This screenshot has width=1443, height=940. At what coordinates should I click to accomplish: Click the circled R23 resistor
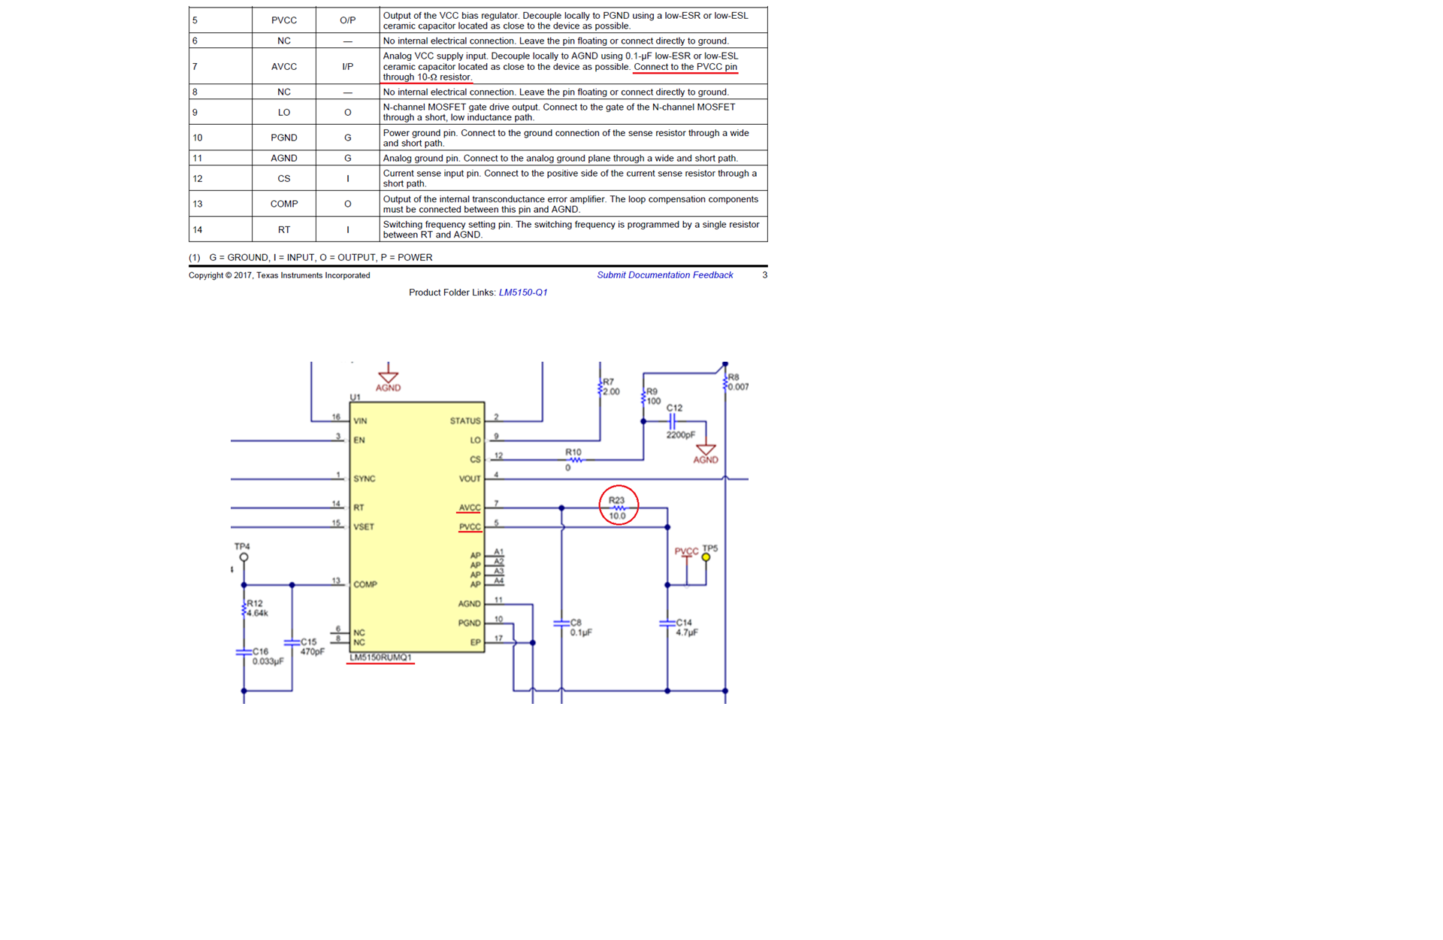618,508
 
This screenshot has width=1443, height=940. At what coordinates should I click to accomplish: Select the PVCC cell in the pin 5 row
283,20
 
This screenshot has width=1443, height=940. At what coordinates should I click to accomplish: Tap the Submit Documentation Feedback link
664,275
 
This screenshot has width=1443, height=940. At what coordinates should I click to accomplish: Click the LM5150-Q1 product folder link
523,293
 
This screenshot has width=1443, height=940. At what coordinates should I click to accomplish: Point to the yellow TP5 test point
706,557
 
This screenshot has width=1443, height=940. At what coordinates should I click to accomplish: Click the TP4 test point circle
244,557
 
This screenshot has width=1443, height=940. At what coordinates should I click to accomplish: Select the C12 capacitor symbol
673,421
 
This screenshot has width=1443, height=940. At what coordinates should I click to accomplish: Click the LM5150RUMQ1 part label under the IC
380,657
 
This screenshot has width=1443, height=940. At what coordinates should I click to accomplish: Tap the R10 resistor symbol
574,459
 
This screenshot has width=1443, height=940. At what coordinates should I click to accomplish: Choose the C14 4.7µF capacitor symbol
667,623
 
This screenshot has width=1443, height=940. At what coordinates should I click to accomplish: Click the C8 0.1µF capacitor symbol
561,623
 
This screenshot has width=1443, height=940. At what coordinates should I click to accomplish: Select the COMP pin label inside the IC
365,584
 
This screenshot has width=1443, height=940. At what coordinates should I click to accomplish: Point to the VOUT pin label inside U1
470,478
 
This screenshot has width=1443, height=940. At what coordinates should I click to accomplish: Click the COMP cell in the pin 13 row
283,204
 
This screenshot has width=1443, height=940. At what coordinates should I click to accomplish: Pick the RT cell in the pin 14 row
283,229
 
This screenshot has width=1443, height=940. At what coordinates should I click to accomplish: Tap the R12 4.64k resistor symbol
244,608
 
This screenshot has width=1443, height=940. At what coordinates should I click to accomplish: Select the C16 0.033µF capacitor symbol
244,652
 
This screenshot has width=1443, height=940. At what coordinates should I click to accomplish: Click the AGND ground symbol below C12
706,450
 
